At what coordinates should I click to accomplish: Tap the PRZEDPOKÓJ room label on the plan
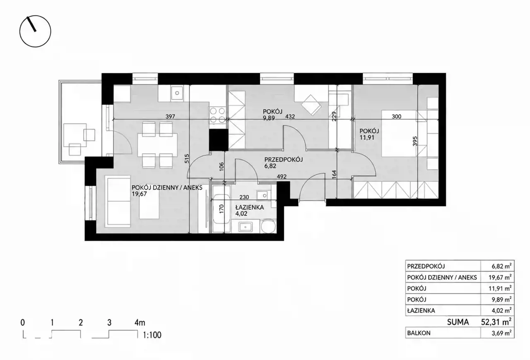click(x=284, y=160)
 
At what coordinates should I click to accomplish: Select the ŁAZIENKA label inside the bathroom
click(x=249, y=207)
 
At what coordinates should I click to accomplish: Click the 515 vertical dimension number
click(x=187, y=158)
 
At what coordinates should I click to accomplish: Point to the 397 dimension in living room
click(x=170, y=116)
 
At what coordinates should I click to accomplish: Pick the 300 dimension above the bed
click(x=397, y=116)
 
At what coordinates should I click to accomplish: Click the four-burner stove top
click(x=218, y=115)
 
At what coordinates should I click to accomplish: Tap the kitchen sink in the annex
click(x=177, y=93)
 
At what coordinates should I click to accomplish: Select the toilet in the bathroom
click(x=268, y=226)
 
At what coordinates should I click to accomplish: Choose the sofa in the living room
click(x=118, y=201)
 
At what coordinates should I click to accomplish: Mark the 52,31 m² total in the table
click(x=496, y=322)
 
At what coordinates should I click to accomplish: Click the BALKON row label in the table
click(x=419, y=333)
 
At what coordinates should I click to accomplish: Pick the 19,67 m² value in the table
click(x=500, y=277)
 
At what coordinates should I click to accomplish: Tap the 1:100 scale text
click(x=152, y=335)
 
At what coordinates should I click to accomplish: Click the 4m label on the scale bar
click(x=140, y=322)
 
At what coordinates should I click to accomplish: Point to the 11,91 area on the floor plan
click(x=367, y=137)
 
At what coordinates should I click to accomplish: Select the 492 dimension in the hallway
click(x=282, y=176)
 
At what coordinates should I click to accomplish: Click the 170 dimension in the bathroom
click(x=222, y=209)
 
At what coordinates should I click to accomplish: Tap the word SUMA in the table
click(x=458, y=322)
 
